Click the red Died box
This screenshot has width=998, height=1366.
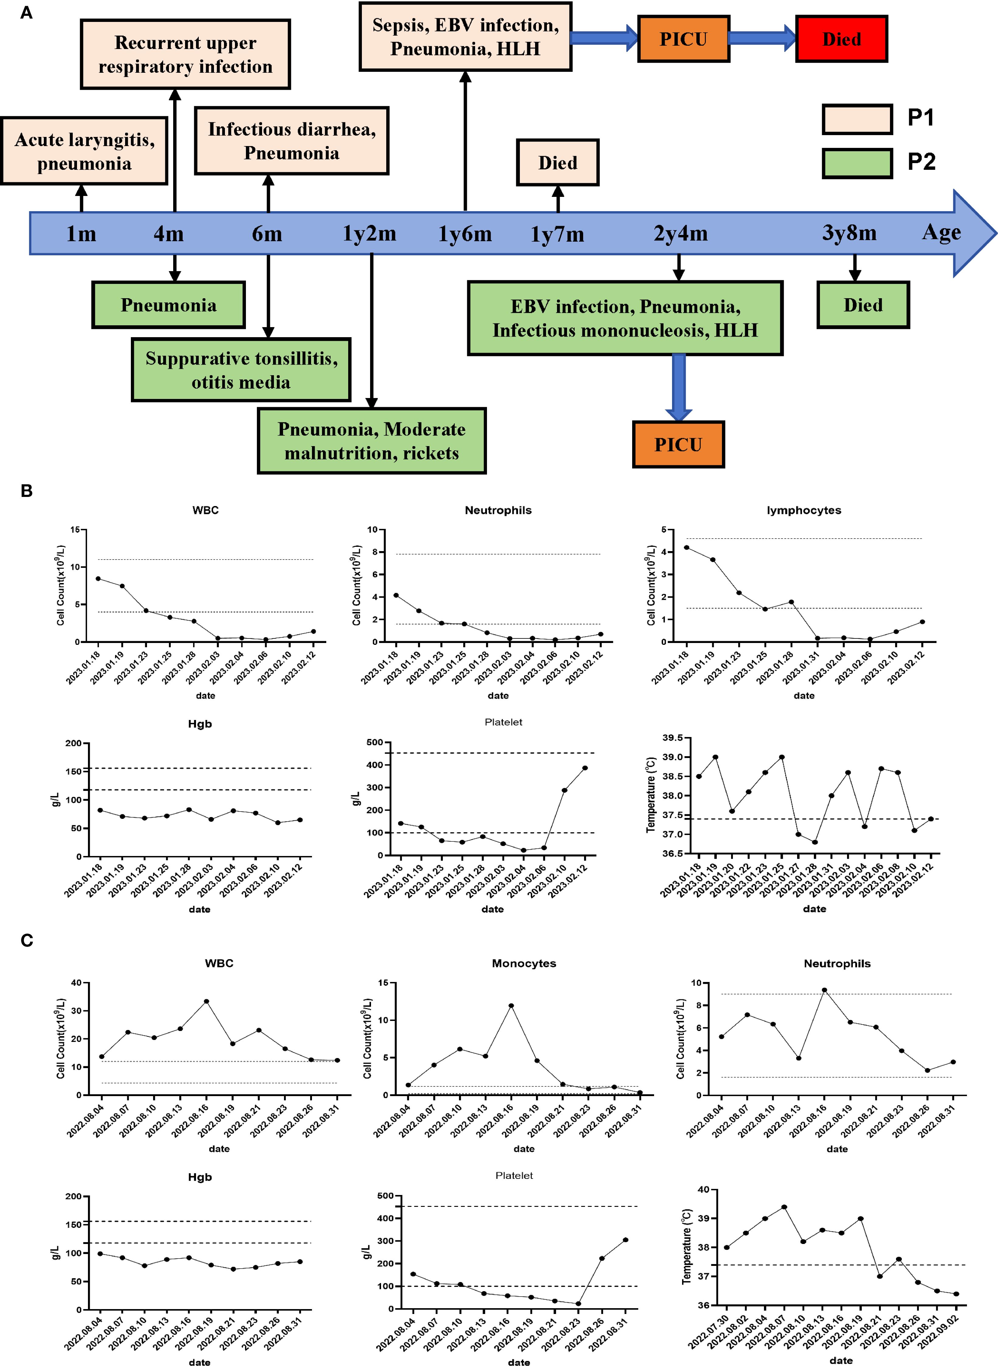pyautogui.click(x=841, y=39)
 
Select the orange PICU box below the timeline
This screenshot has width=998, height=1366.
pyautogui.click(x=678, y=445)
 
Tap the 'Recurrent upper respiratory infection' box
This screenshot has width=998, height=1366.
pyautogui.click(x=185, y=54)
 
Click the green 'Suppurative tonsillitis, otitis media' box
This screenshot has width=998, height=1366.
pyautogui.click(x=241, y=370)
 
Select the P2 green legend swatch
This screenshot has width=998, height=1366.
pyautogui.click(x=857, y=163)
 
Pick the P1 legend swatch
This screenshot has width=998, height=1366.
pyautogui.click(x=857, y=119)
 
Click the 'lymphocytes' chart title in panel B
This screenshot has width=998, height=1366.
pyautogui.click(x=804, y=510)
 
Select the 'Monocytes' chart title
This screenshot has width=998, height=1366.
pyautogui.click(x=524, y=963)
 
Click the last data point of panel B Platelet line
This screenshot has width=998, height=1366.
pyautogui.click(x=585, y=768)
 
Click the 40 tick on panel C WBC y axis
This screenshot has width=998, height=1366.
pyautogui.click(x=76, y=983)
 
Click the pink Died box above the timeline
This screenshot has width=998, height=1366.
pyautogui.click(x=557, y=162)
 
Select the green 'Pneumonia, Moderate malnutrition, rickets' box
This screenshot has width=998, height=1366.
pyautogui.click(x=372, y=441)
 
